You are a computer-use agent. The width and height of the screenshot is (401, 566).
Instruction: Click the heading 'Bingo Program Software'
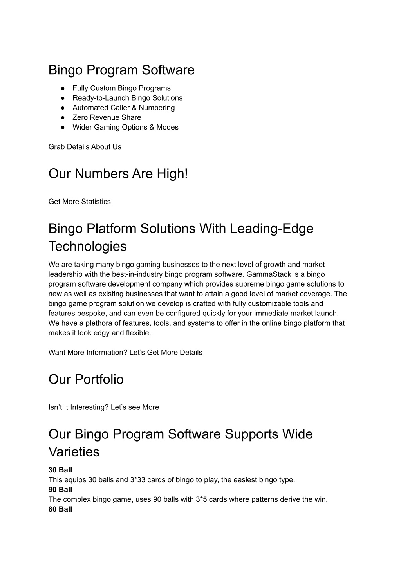coord(121,70)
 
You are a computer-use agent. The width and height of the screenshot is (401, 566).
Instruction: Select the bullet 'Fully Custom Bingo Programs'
coord(121,88)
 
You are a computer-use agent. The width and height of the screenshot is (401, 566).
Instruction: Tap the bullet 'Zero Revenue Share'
coord(107,117)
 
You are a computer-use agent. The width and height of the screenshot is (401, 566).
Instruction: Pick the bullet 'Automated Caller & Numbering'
coord(123,108)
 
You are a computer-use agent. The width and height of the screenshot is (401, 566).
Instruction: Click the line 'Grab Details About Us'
coord(85,147)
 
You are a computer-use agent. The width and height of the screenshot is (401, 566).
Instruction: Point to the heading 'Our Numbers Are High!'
coord(118,173)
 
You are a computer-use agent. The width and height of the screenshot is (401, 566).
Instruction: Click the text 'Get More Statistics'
coord(79,202)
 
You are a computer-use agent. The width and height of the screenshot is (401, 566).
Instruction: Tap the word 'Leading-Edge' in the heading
coord(272,228)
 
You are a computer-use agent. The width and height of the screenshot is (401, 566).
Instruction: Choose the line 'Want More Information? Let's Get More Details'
coord(125,352)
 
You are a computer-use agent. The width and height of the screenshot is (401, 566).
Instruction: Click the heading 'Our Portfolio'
coord(86,379)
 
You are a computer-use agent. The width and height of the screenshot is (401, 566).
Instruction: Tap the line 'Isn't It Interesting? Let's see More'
coord(104,407)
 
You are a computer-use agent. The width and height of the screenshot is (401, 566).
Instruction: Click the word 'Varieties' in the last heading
coord(74,452)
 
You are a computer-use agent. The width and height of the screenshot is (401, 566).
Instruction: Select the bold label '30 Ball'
coord(60,470)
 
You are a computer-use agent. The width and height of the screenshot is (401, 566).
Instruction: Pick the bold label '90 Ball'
coord(60,490)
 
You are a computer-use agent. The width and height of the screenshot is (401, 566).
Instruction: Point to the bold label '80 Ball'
coord(60,509)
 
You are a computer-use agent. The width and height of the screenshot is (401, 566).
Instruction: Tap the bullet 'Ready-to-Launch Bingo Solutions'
coord(127,98)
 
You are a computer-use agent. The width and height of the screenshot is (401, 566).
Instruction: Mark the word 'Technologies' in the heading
coord(88,246)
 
